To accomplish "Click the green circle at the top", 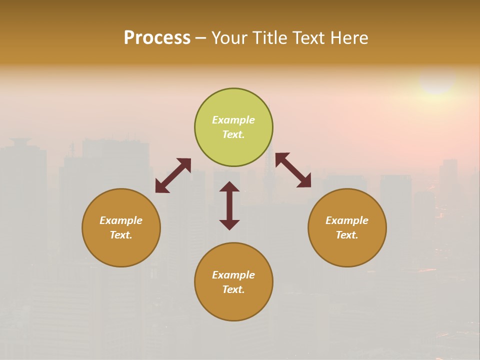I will click(x=233, y=127).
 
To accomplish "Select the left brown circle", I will click(x=121, y=227).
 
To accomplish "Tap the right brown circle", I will click(x=347, y=227).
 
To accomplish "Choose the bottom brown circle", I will click(x=233, y=282).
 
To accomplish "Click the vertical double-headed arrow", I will click(x=229, y=205).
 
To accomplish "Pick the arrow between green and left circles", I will click(x=173, y=175).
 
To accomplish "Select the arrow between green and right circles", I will click(x=293, y=170).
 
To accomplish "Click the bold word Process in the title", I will click(x=157, y=37).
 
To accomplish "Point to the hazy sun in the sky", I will click(x=437, y=79).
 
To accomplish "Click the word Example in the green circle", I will click(x=233, y=120).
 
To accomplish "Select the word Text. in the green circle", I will click(x=233, y=134).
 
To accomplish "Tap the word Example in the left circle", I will click(x=121, y=220).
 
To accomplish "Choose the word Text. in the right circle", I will click(x=347, y=235).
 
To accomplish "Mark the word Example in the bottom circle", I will click(x=233, y=275).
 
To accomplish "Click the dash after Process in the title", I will click(x=200, y=38).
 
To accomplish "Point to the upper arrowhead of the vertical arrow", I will click(x=229, y=187).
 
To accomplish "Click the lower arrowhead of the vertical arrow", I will click(x=229, y=224).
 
